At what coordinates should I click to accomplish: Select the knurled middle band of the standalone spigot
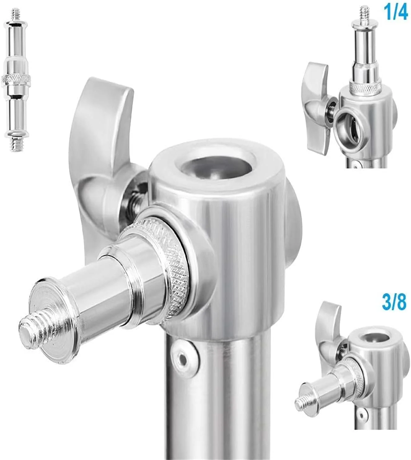pos(15,80)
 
